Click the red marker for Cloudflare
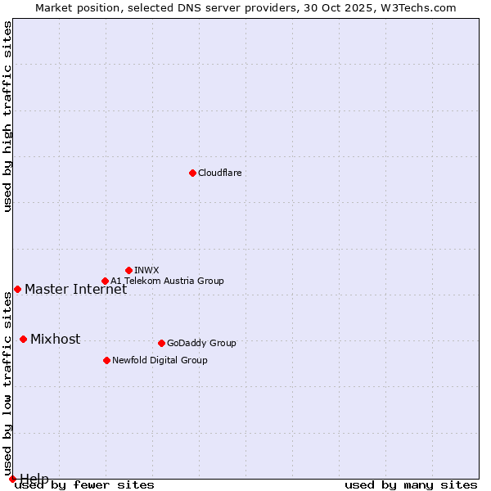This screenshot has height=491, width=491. (192, 173)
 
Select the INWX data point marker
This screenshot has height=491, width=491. (128, 270)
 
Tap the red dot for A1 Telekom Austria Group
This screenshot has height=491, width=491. (105, 281)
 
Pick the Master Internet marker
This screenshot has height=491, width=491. (17, 289)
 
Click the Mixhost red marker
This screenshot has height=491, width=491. (23, 339)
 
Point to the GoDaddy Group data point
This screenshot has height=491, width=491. (161, 343)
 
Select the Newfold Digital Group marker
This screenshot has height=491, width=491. (106, 360)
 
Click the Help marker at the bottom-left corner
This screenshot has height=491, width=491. (12, 479)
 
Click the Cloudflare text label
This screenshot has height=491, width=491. (220, 173)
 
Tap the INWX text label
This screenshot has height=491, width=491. (147, 270)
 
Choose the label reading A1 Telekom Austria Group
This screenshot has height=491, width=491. (167, 281)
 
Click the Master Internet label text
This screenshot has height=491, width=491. (75, 289)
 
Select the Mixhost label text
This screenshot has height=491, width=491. (55, 339)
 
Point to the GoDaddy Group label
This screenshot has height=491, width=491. (201, 343)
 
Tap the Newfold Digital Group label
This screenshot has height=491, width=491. (160, 360)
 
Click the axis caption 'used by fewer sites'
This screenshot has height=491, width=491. (85, 485)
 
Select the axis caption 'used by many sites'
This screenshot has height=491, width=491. (411, 485)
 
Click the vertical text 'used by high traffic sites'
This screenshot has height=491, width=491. (7, 116)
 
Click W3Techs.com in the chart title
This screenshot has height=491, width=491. (417, 7)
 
